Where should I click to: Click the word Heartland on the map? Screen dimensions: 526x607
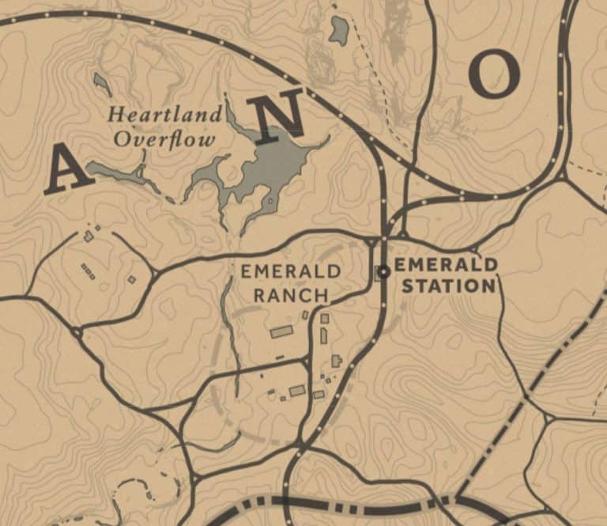pyautogui.click(x=164, y=115)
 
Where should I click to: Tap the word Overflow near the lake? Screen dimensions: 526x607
pyautogui.click(x=164, y=140)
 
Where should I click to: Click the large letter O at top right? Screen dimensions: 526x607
pyautogui.click(x=493, y=74)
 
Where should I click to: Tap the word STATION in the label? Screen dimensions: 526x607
pyautogui.click(x=447, y=285)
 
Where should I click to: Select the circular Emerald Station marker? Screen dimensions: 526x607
pyautogui.click(x=384, y=272)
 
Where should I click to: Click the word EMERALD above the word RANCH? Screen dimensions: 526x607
pyautogui.click(x=291, y=272)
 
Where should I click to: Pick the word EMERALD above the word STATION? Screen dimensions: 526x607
pyautogui.click(x=445, y=264)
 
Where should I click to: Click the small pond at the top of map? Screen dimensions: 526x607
pyautogui.click(x=340, y=31)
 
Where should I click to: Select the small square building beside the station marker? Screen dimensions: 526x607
pyautogui.click(x=376, y=272)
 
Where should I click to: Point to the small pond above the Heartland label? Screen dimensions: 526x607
pyautogui.click(x=100, y=80)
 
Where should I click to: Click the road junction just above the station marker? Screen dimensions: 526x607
pyautogui.click(x=384, y=237)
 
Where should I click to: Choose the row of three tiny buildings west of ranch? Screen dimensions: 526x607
pyautogui.click(x=88, y=271)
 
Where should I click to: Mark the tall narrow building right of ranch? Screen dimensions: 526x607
pyautogui.click(x=323, y=335)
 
